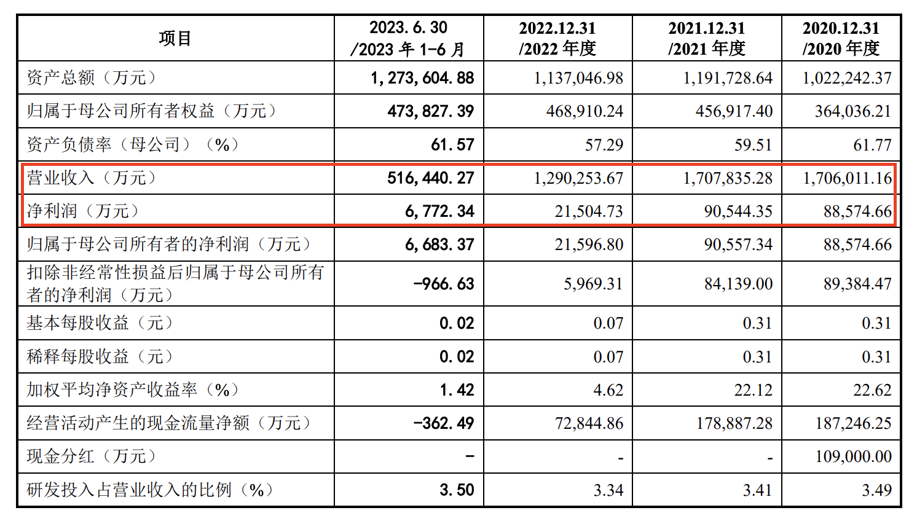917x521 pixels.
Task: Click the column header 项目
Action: pos(175,38)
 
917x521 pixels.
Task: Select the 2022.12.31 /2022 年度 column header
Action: pos(557,38)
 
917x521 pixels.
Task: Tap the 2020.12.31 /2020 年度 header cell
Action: pos(841,38)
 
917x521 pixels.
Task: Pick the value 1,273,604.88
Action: pos(422,78)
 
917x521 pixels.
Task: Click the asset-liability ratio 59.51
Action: pos(753,145)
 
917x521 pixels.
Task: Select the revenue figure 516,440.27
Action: pos(430,178)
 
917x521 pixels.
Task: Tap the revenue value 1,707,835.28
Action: pos(728,178)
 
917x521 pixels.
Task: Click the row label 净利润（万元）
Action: pos(82,211)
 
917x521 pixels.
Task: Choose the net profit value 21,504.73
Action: pos(589,211)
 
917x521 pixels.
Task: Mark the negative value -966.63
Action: pos(444,284)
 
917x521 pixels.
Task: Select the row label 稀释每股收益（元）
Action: pos(100,357)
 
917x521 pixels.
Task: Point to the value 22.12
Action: pos(753,390)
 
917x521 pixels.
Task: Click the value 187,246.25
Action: pos(853,423)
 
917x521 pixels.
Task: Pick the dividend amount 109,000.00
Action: pos(853,456)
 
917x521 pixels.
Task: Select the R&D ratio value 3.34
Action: pos(608,490)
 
